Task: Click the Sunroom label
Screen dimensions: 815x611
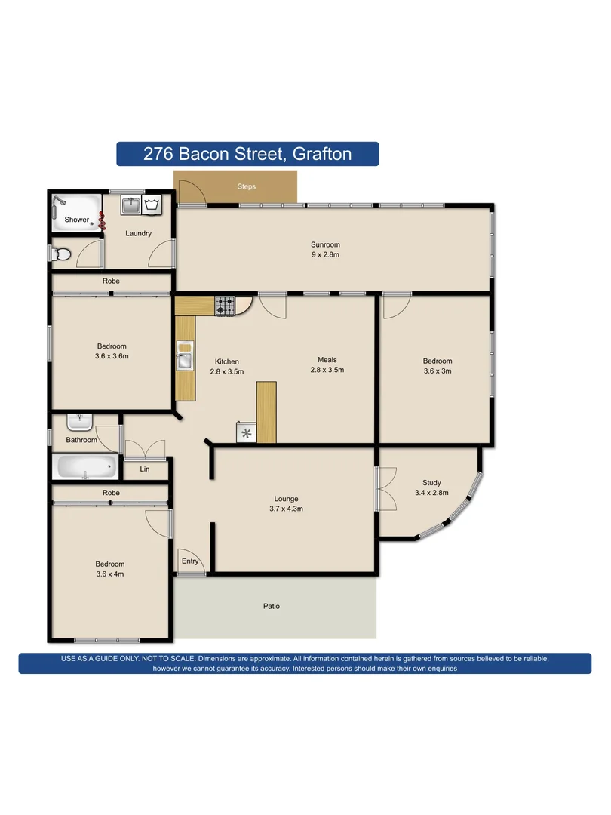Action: pos(325,244)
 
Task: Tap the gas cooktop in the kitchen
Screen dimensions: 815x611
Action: pos(226,305)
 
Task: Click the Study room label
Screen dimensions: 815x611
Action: pos(431,483)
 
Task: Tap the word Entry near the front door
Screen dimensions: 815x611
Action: pos(190,561)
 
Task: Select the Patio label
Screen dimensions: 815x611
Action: pos(272,606)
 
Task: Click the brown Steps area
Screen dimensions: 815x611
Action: pos(246,186)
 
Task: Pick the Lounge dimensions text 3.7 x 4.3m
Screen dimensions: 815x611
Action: pos(286,509)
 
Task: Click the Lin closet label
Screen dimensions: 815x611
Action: pos(145,469)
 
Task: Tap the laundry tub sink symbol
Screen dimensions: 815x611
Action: pos(130,204)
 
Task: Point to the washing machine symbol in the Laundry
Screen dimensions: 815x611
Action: pos(154,204)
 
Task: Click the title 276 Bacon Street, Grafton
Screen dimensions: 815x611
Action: pos(247,154)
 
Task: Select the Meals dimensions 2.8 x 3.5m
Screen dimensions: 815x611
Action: pos(327,370)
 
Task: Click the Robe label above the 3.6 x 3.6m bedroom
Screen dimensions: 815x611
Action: pos(111,281)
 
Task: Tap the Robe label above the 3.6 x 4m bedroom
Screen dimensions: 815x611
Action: pos(111,493)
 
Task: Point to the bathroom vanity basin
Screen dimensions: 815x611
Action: pos(78,421)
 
